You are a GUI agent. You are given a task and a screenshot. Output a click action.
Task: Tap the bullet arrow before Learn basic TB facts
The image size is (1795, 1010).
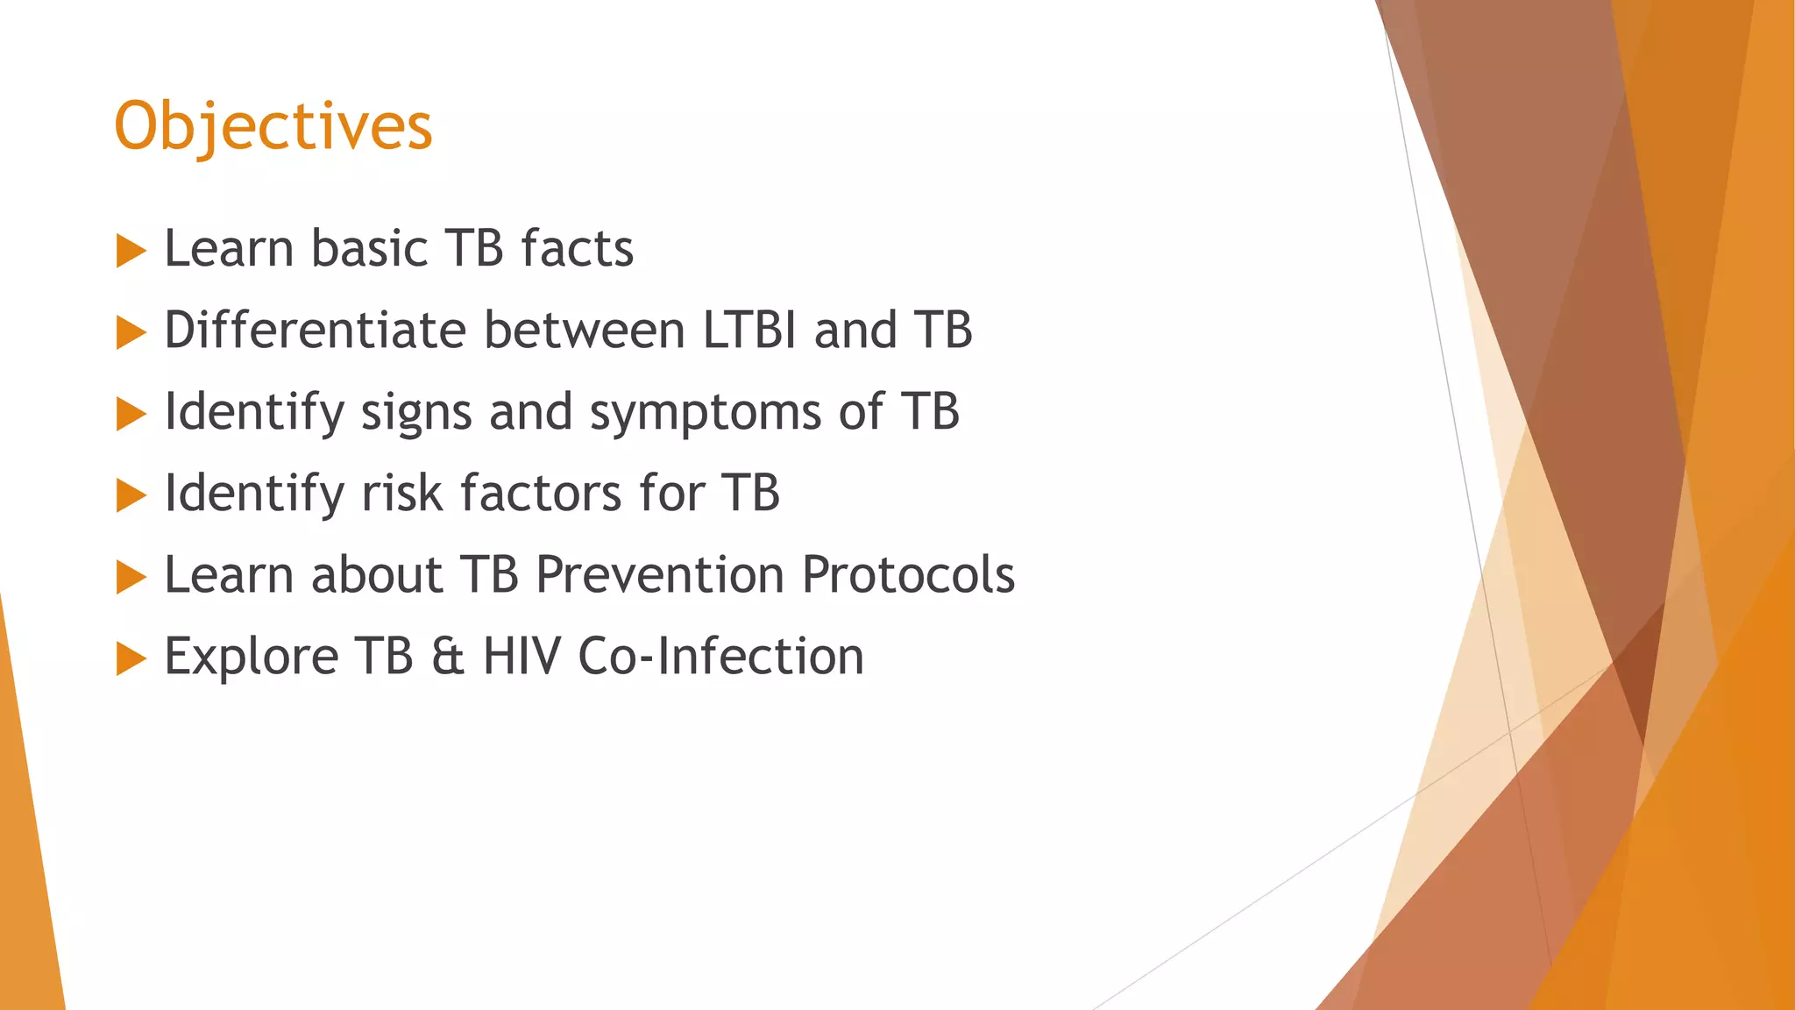tap(131, 251)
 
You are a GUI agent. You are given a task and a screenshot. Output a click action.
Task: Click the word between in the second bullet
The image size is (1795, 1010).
tap(585, 330)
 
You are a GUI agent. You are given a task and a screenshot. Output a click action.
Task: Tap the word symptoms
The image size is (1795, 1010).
tap(706, 413)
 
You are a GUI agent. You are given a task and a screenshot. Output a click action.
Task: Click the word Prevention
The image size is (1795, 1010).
tap(660, 575)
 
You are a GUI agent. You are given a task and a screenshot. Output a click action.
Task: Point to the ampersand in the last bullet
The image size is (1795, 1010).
tap(447, 657)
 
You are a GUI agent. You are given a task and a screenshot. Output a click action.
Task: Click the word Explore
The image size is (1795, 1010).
tap(252, 657)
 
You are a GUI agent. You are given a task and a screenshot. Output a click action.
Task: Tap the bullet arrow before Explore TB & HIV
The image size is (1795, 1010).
tap(131, 658)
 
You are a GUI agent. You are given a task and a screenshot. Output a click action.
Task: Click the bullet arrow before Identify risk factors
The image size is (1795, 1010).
tap(131, 495)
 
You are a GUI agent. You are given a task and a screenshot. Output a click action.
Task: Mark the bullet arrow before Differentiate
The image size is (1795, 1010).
tap(131, 332)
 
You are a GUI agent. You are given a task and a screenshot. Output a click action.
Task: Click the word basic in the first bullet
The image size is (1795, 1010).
tap(370, 248)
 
